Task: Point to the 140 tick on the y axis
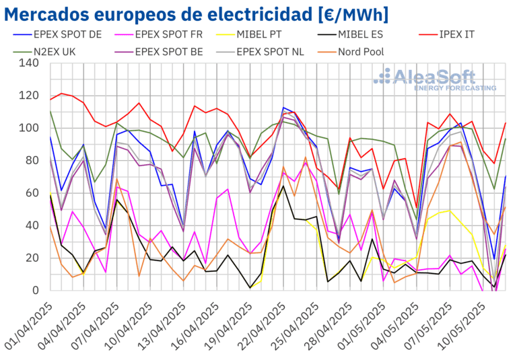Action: coord(29,63)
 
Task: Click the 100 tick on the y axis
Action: coord(29,128)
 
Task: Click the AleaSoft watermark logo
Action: coord(434,75)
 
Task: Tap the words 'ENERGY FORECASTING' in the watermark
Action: coord(455,88)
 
